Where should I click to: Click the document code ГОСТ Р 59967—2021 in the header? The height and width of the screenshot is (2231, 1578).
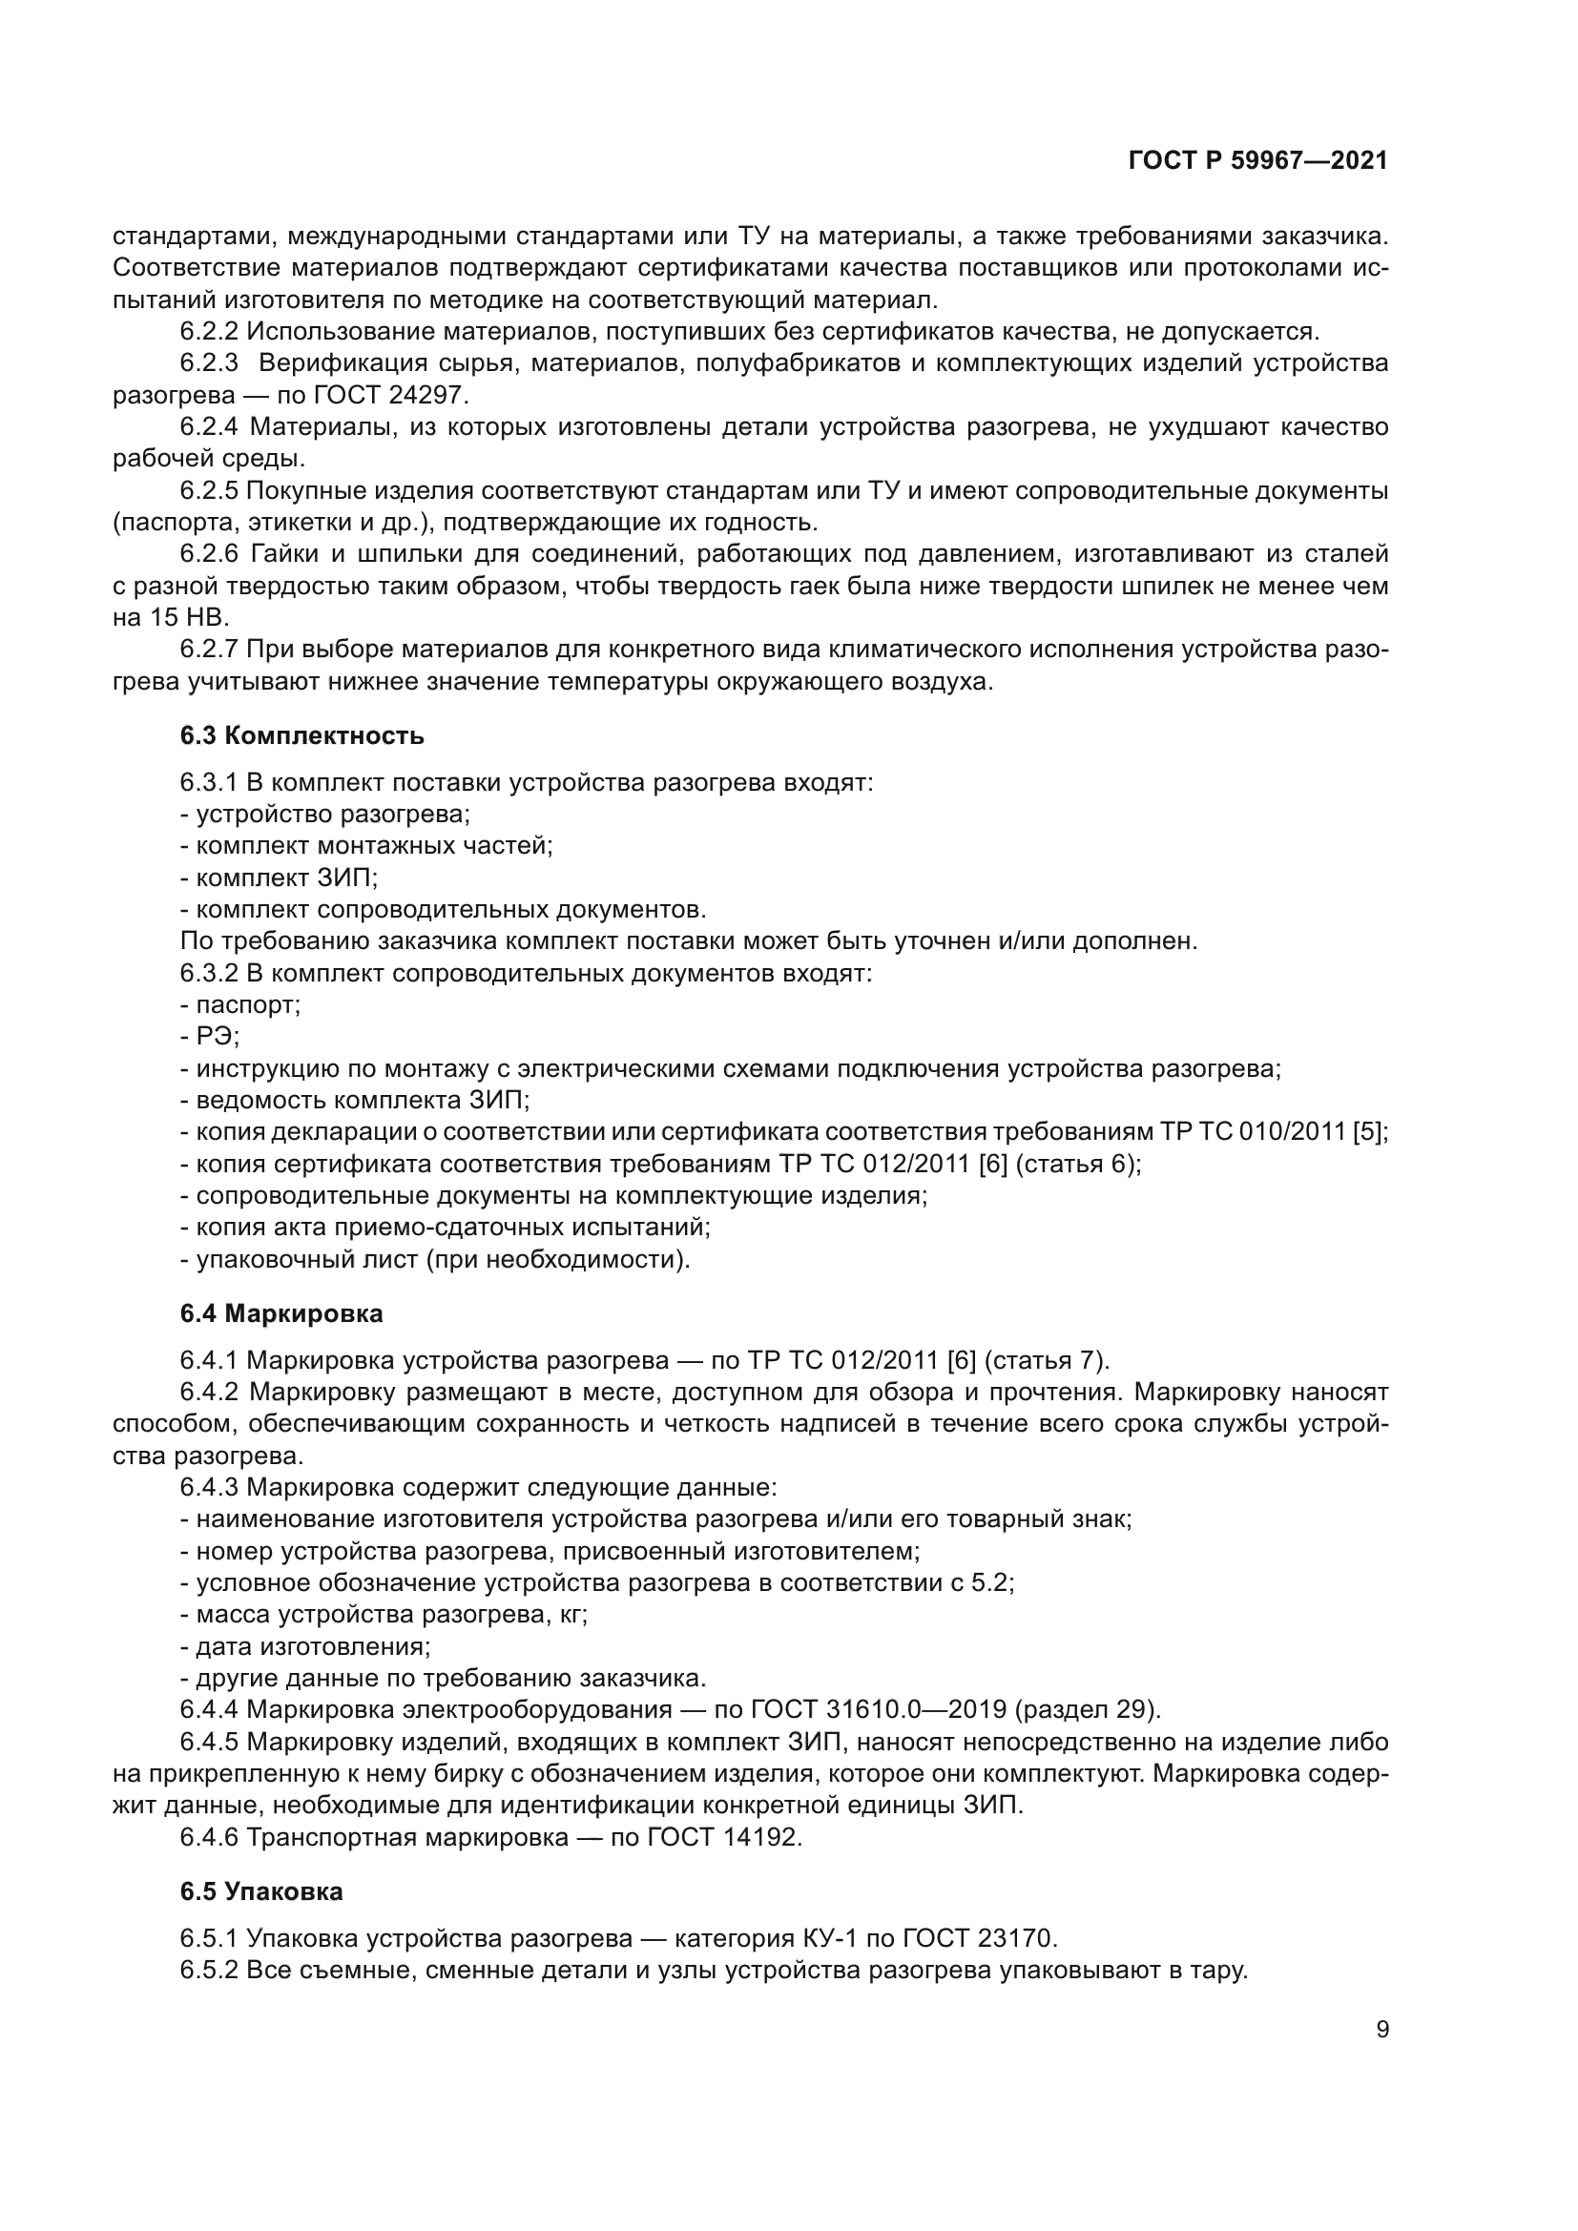coord(1257,161)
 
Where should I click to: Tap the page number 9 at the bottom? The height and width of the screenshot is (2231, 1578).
coord(1381,2030)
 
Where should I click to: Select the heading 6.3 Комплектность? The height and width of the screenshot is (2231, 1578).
coord(301,734)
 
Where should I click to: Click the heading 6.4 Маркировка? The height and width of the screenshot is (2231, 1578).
coord(280,1312)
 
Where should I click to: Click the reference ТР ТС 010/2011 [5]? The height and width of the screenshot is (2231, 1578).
coord(1272,1132)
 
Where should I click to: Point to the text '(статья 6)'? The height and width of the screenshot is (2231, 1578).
coord(1076,1163)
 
